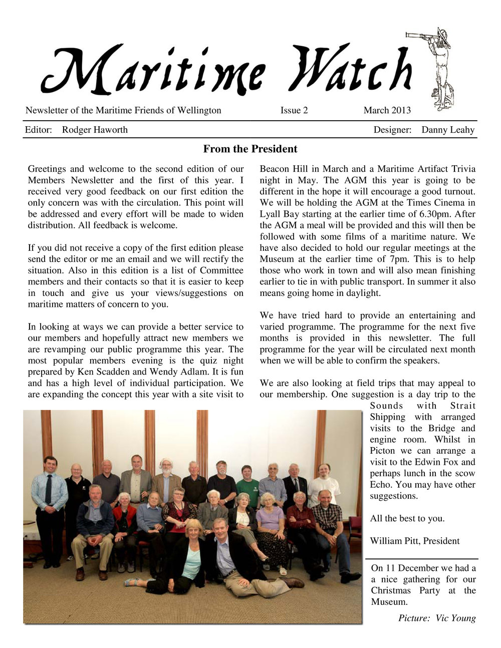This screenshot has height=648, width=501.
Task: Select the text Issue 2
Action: [294, 111]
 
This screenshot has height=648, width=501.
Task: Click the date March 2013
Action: [387, 111]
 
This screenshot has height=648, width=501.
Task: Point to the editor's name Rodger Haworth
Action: [95, 130]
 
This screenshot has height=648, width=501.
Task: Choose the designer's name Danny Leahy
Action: [447, 130]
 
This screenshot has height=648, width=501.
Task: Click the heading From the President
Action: [250, 149]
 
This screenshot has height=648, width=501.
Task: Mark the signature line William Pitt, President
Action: [414, 541]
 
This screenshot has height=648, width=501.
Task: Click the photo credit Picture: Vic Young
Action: [437, 618]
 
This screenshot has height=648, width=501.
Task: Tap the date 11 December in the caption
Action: [412, 568]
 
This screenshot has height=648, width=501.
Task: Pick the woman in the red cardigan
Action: [124, 521]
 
